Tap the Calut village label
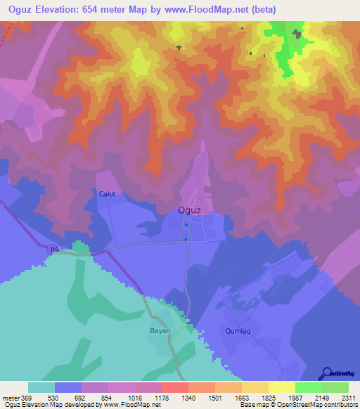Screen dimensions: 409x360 pyautogui.click(x=107, y=195)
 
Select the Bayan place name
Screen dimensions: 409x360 pyautogui.click(x=160, y=330)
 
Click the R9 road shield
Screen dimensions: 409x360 pyautogui.click(x=55, y=249)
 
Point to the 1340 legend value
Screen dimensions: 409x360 pyautogui.click(x=188, y=398)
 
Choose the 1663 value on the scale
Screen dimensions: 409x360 pyautogui.click(x=242, y=398)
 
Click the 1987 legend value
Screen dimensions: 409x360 pyautogui.click(x=295, y=398)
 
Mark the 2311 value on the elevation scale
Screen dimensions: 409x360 pyautogui.click(x=349, y=398)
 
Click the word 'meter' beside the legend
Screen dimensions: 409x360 pyautogui.click(x=10, y=398)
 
